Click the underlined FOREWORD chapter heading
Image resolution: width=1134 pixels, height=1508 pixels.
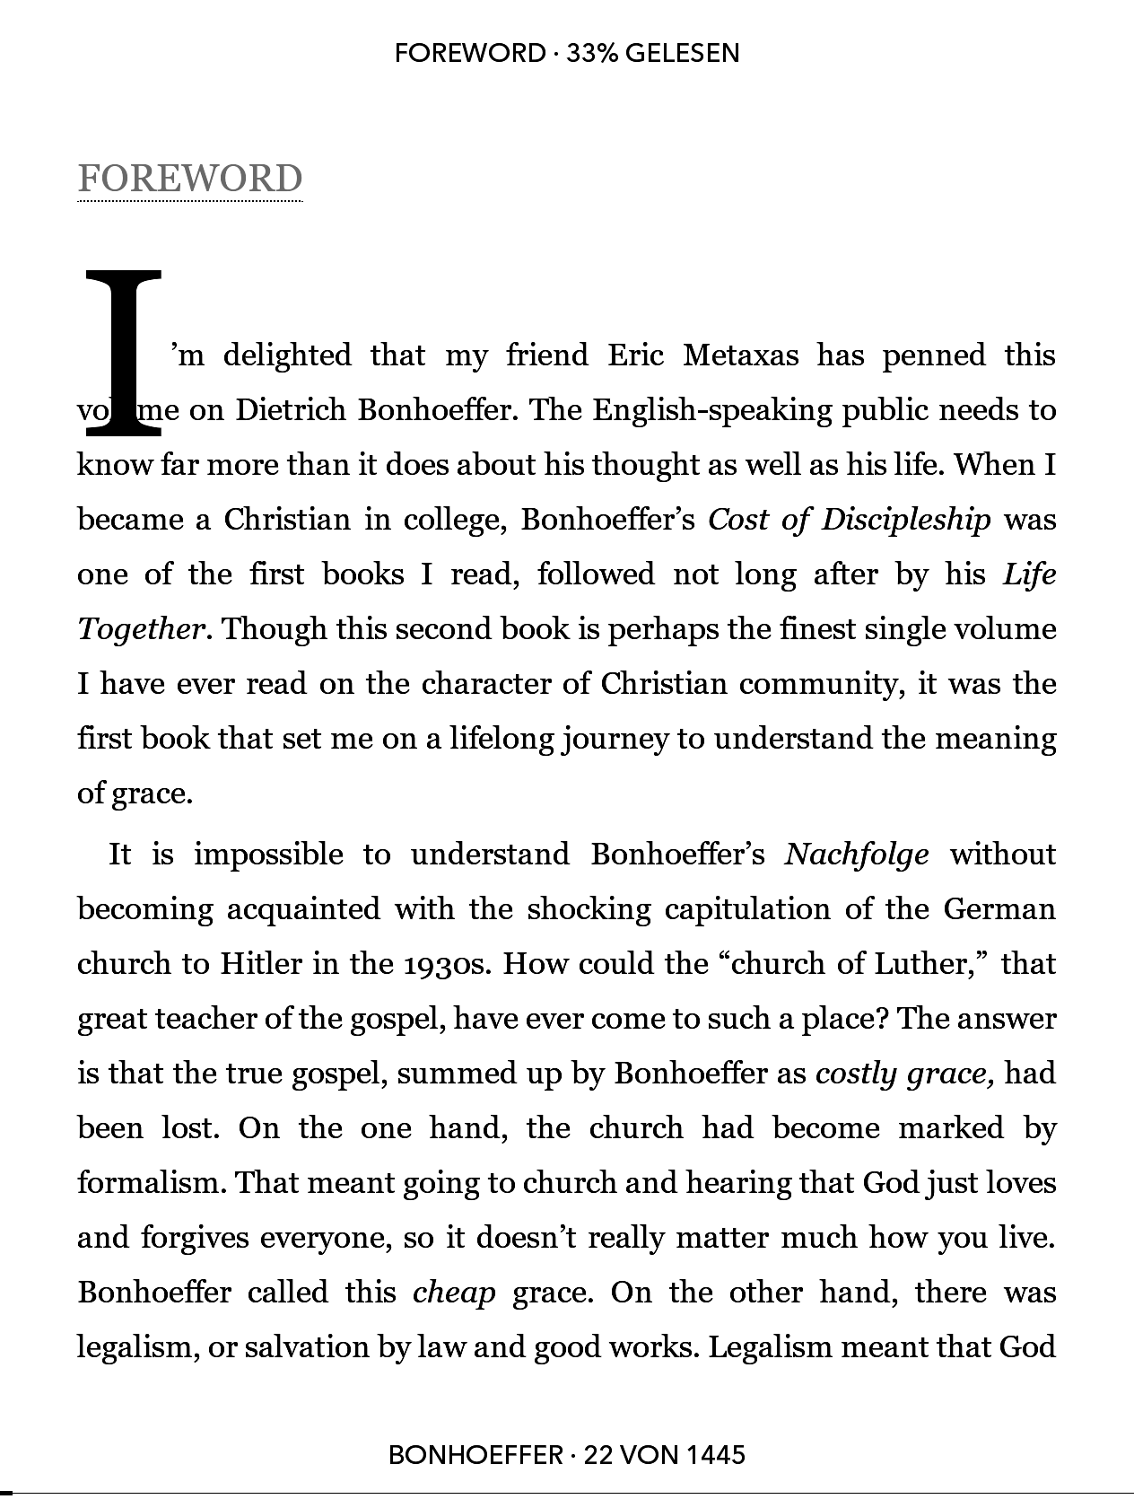(x=189, y=179)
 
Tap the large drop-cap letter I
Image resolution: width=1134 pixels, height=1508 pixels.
(x=123, y=353)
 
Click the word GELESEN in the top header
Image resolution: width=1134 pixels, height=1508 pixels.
(x=682, y=53)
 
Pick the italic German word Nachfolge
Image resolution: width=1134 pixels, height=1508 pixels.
(x=856, y=855)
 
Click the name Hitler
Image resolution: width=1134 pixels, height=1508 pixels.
(x=260, y=964)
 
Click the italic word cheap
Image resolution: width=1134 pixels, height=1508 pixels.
(x=454, y=1293)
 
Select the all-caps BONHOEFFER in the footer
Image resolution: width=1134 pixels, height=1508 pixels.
(x=475, y=1454)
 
